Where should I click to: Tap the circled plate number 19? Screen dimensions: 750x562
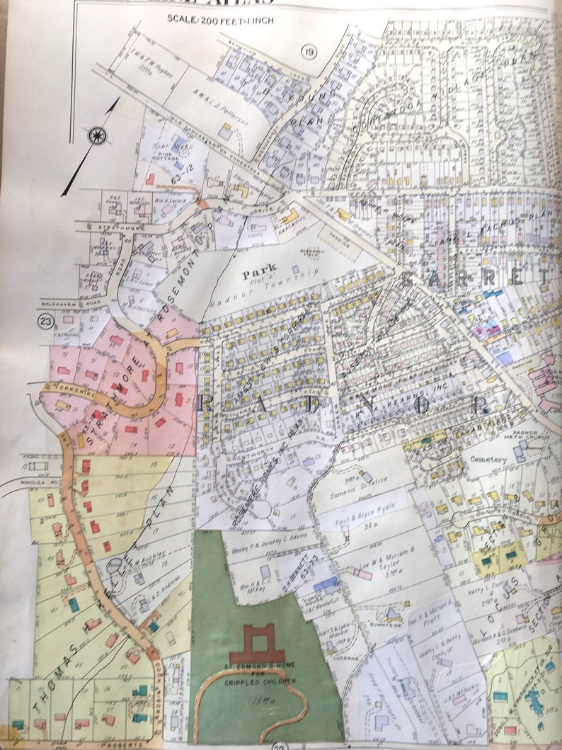tap(308, 51)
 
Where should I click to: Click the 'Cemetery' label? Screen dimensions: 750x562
tap(488, 460)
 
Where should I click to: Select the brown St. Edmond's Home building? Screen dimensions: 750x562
tap(256, 642)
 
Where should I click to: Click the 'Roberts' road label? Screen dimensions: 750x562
tap(132, 744)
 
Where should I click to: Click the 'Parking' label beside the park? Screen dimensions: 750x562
tap(339, 239)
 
